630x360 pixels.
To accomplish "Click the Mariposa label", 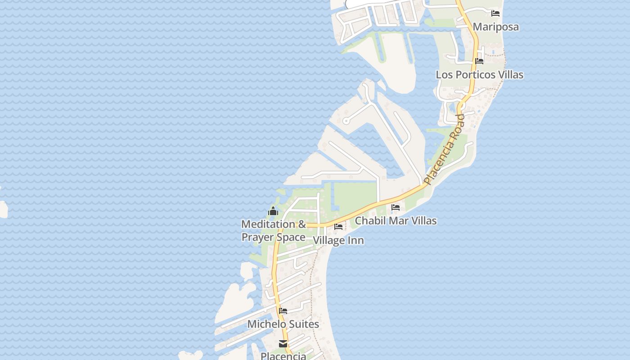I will pyautogui.click(x=495, y=27).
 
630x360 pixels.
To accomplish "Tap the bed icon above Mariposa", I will pyautogui.click(x=495, y=13).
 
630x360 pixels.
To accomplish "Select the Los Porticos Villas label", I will pyautogui.click(x=479, y=75).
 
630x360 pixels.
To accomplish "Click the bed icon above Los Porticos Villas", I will pyautogui.click(x=479, y=61).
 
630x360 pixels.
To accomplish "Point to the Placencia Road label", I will pyautogui.click(x=445, y=149).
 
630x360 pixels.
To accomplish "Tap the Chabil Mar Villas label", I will pyautogui.click(x=396, y=221).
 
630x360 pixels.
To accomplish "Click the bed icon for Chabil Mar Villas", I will pyautogui.click(x=396, y=207).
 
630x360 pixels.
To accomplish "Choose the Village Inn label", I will pyautogui.click(x=338, y=240).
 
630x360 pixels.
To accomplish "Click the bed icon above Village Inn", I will pyautogui.click(x=338, y=227).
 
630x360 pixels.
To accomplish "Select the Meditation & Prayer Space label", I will pyautogui.click(x=274, y=230).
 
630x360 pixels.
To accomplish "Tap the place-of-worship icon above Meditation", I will pyautogui.click(x=273, y=211).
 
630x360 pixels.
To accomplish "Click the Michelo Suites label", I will pyautogui.click(x=283, y=324).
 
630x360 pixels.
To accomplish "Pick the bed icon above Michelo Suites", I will pyautogui.click(x=283, y=310).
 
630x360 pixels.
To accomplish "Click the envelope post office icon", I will pyautogui.click(x=283, y=344).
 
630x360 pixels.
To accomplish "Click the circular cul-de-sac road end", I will pyautogui.click(x=346, y=121).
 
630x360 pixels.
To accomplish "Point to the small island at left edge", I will pyautogui.click(x=3, y=210).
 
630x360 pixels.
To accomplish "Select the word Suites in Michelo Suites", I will pyautogui.click(x=302, y=324).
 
